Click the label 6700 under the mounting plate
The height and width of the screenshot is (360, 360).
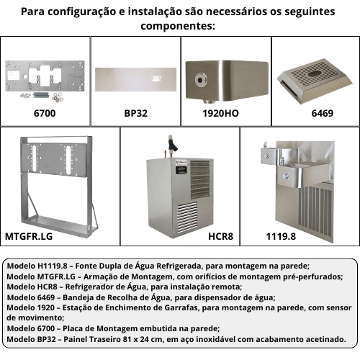(x=45, y=113)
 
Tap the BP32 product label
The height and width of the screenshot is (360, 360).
(x=135, y=113)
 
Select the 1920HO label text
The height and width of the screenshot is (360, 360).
(x=220, y=113)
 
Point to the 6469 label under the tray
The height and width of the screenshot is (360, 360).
(x=322, y=113)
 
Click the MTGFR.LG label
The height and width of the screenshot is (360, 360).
(x=29, y=236)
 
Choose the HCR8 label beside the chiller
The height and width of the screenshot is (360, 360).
(x=220, y=236)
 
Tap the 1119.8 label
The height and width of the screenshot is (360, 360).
(x=281, y=236)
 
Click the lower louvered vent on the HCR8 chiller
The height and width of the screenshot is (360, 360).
(x=187, y=217)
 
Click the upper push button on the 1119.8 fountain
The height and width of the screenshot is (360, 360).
(x=266, y=156)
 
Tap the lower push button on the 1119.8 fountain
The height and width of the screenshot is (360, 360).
(x=285, y=176)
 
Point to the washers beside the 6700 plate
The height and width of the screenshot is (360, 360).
(x=58, y=96)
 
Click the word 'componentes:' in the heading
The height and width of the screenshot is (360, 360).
(x=178, y=26)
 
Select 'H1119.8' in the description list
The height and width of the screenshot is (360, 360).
(x=53, y=266)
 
